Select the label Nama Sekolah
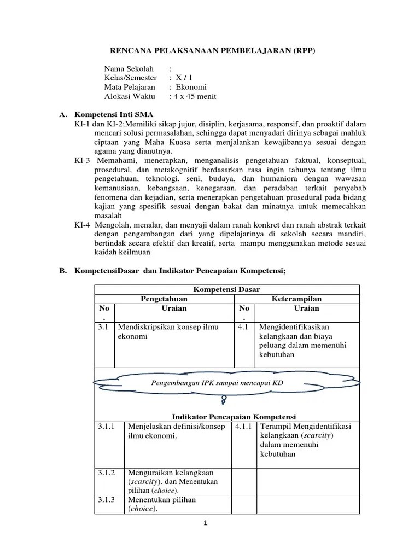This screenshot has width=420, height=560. click(x=129, y=69)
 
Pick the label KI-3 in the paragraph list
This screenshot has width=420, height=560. click(x=83, y=161)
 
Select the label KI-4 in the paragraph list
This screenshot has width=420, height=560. click(x=83, y=225)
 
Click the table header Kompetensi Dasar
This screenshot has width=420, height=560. click(x=227, y=289)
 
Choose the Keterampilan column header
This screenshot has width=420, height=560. click(x=297, y=299)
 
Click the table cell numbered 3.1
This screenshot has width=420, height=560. click(x=104, y=327)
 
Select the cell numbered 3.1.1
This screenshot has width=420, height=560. click(x=107, y=427)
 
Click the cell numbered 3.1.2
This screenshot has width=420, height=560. click(x=107, y=472)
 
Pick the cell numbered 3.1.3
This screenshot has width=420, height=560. click(x=107, y=500)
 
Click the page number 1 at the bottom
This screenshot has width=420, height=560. click(x=205, y=523)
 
